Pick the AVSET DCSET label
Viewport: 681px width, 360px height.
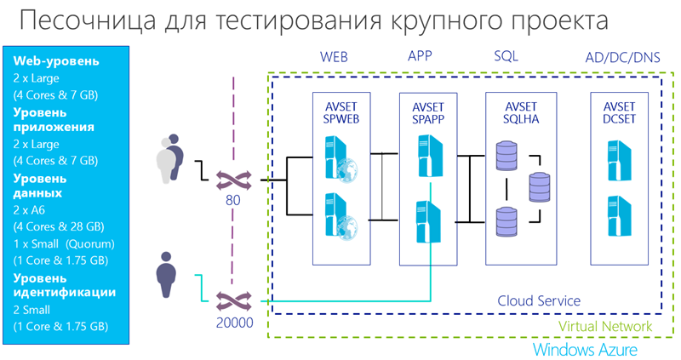619,113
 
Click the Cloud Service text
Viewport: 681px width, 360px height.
539,300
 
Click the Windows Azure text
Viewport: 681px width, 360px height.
584,349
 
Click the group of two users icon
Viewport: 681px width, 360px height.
171,157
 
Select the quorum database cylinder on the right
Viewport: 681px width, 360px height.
540,186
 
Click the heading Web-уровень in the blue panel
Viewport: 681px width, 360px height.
55,60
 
